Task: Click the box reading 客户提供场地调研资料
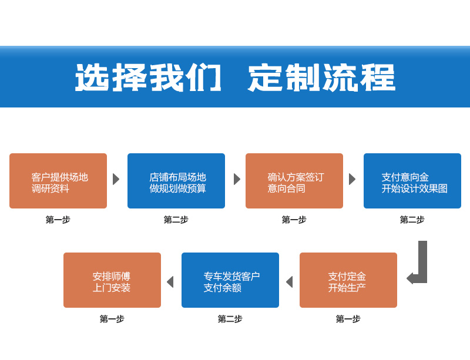tap(58, 181)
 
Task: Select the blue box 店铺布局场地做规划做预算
tap(176, 181)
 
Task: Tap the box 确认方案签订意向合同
tap(294, 181)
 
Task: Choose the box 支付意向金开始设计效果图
tap(412, 181)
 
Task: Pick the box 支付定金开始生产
tap(348, 280)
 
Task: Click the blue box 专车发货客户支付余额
tap(230, 280)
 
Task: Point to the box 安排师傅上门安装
tap(112, 280)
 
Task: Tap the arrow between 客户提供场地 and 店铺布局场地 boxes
tap(116, 179)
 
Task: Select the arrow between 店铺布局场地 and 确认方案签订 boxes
tap(237, 179)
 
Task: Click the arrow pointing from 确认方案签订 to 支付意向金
tap(352, 179)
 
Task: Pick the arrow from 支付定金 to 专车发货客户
tap(290, 282)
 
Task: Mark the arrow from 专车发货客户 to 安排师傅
tap(170, 282)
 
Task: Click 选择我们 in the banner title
tap(148, 78)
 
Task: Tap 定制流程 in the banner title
tap(321, 78)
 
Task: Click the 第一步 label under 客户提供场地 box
tap(58, 220)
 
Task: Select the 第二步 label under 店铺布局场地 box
tap(176, 220)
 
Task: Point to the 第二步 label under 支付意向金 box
tap(412, 220)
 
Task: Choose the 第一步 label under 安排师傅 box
tap(112, 319)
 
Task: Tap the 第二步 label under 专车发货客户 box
tap(230, 319)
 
